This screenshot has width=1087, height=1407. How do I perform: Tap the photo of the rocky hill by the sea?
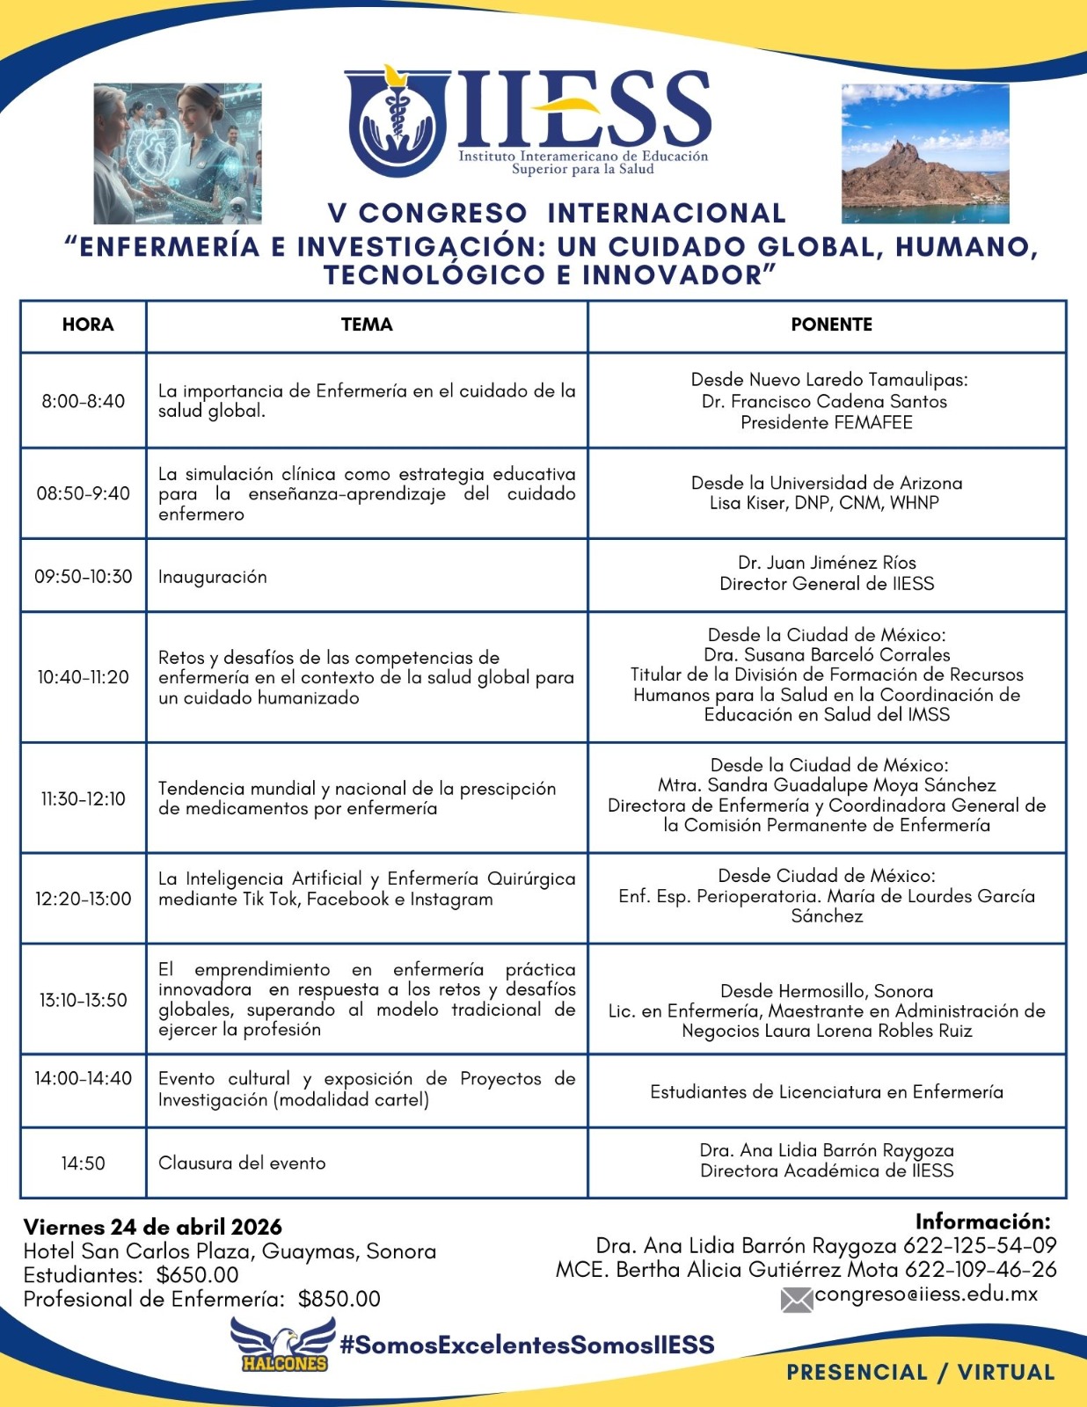tap(925, 154)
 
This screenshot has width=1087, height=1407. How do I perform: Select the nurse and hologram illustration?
tap(178, 154)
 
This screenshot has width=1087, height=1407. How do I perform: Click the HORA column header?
tap(88, 324)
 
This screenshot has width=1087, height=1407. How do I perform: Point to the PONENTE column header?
tap(831, 324)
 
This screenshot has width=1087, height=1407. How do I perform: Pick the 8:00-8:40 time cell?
tap(84, 401)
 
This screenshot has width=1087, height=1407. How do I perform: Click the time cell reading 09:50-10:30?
tap(84, 577)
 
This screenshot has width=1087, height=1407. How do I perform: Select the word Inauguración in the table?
tap(212, 577)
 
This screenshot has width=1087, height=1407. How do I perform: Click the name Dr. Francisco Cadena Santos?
tap(824, 401)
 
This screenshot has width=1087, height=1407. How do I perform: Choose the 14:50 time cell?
tap(84, 1163)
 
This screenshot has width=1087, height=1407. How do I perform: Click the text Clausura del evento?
tap(242, 1163)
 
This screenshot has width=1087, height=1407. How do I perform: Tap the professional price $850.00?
tap(339, 1299)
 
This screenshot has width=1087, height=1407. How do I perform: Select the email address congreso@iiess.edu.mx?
tap(926, 1294)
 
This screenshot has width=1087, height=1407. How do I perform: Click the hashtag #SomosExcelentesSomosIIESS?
tap(527, 1345)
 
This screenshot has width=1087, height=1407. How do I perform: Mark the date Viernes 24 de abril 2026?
tap(153, 1227)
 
